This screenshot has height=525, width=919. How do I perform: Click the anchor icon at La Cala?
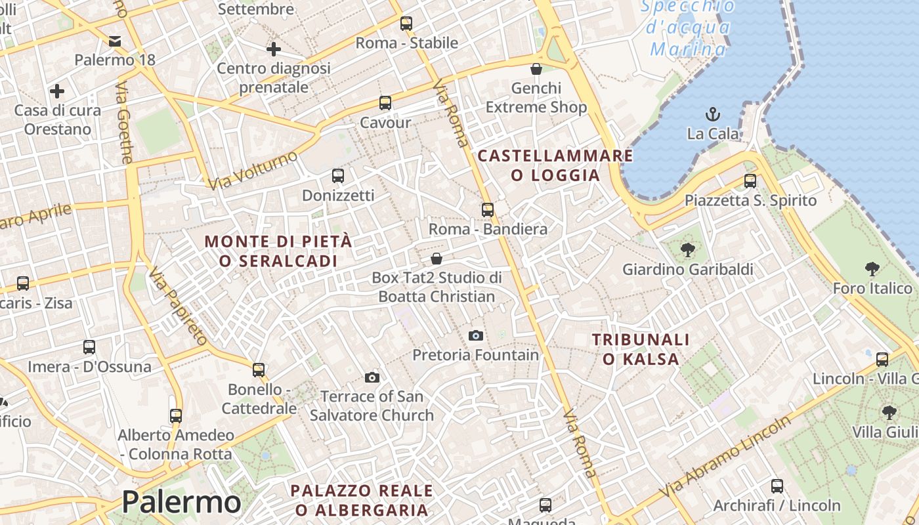(713, 115)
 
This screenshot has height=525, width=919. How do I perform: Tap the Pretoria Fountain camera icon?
(476, 335)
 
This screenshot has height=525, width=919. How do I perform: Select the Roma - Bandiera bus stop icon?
(487, 209)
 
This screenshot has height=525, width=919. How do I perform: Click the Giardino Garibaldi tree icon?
(687, 249)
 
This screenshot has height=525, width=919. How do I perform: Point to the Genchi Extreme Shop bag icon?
(536, 68)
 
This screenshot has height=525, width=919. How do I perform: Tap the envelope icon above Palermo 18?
(115, 41)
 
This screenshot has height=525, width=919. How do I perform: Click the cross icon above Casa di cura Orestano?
(57, 91)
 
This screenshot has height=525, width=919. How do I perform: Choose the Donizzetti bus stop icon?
(338, 175)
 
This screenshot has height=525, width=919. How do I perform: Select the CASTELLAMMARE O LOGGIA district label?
(555, 165)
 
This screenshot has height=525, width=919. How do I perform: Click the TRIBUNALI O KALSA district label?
(641, 349)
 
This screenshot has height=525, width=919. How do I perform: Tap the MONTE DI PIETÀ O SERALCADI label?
(278, 251)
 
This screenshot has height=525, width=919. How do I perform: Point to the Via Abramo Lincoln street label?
(725, 456)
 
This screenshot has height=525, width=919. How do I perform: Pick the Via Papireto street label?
(177, 307)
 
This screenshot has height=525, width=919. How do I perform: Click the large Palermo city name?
(181, 502)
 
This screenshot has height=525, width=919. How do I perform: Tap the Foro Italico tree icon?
(872, 268)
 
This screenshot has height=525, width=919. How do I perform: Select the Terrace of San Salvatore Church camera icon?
(372, 377)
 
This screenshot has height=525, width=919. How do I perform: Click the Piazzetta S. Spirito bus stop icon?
(750, 180)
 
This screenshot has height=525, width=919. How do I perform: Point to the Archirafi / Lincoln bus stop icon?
(777, 486)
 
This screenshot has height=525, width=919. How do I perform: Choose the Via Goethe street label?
(124, 123)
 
